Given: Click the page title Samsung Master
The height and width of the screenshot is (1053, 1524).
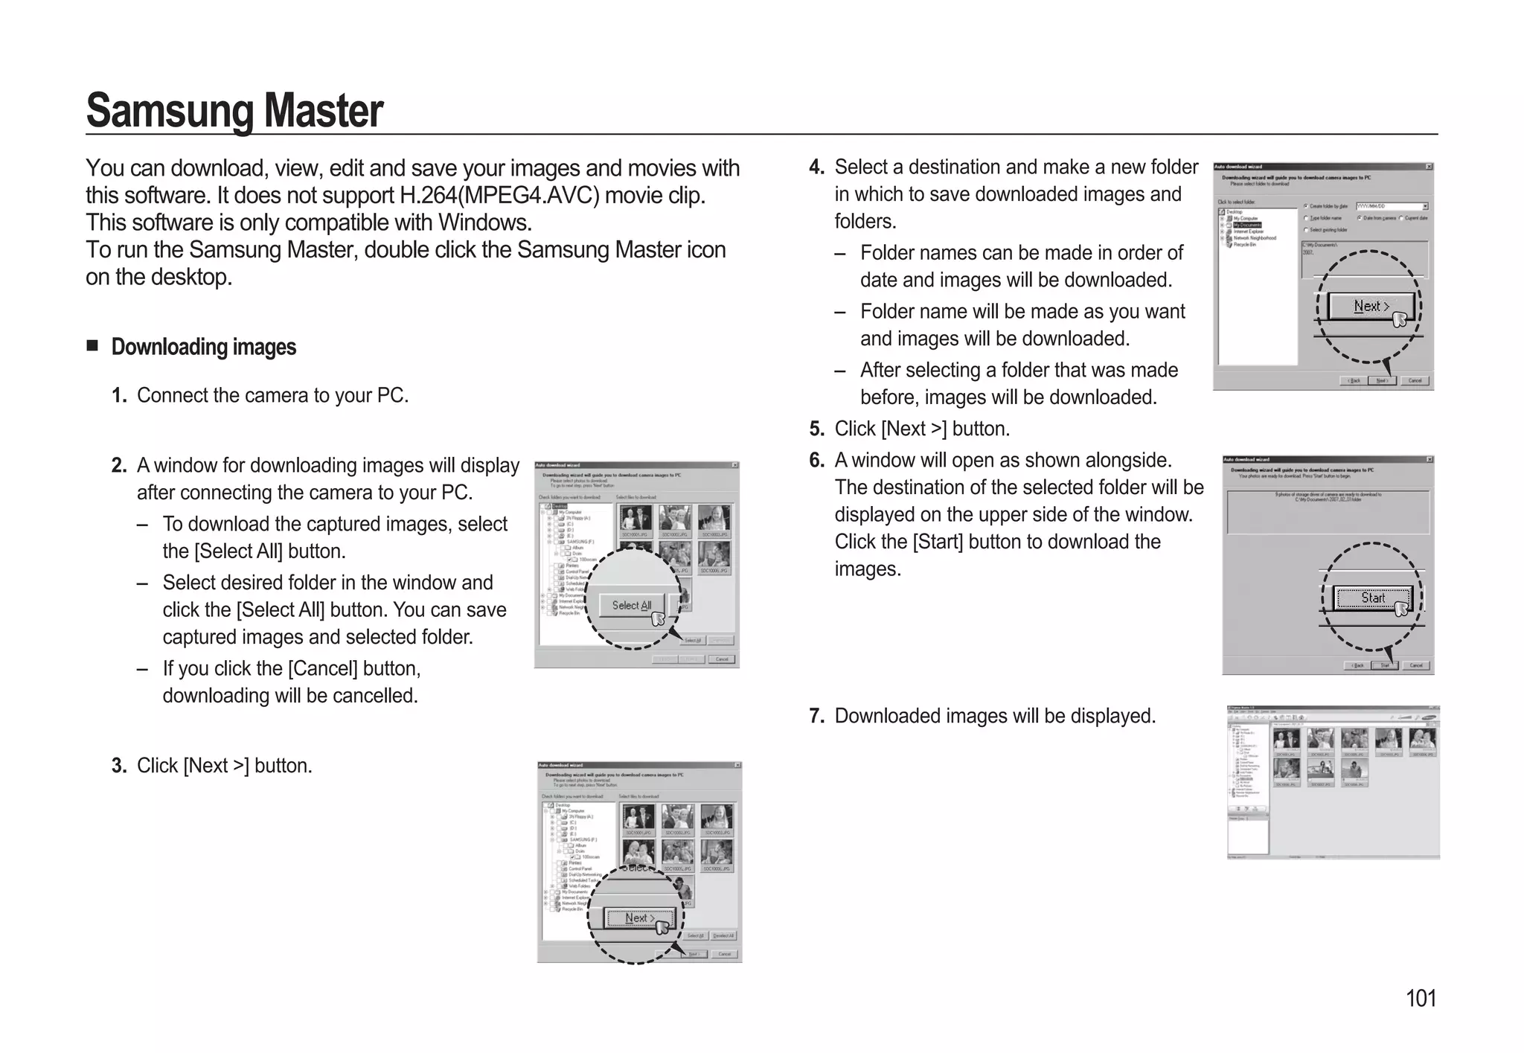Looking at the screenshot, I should (x=234, y=110).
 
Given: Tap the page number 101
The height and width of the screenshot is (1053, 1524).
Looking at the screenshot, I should (x=1420, y=998).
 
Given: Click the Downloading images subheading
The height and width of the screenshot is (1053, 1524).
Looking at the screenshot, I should (x=203, y=347).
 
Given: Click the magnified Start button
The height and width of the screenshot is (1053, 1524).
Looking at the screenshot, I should (x=1372, y=598).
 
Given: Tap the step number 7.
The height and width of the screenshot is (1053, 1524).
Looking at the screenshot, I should (x=816, y=716).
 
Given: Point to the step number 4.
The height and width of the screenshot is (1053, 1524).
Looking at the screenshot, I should (x=816, y=167).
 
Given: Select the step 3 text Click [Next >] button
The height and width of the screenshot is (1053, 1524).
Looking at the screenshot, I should (x=224, y=766).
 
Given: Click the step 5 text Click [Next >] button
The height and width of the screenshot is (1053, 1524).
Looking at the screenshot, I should (x=921, y=429).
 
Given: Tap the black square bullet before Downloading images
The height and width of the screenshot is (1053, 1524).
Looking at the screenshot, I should (x=92, y=345).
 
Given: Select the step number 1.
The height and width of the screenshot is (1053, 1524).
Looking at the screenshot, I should (x=119, y=396).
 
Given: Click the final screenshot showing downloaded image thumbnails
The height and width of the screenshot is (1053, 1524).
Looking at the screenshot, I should (x=1332, y=781).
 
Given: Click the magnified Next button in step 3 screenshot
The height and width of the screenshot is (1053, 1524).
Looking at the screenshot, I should (x=638, y=918).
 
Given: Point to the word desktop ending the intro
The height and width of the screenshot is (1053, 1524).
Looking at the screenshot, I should (x=190, y=277).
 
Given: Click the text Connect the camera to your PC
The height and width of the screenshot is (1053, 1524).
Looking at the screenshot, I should (x=272, y=395).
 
